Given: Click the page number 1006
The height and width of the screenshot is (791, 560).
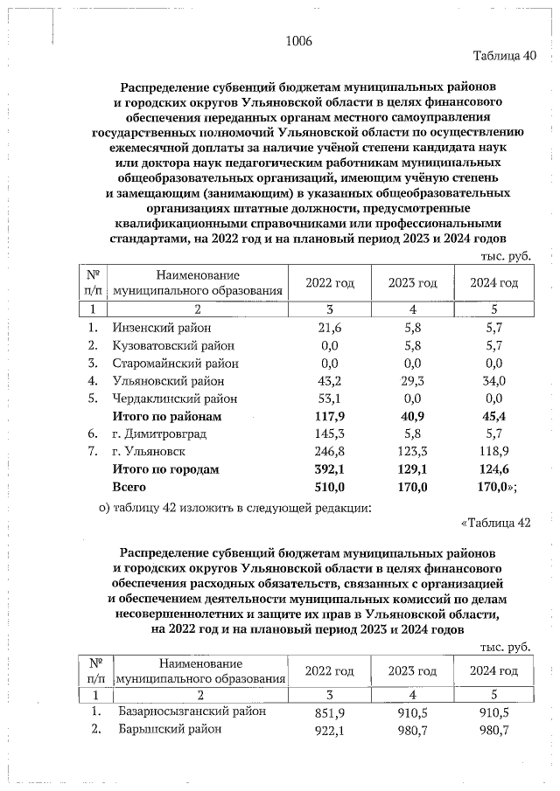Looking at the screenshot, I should coord(298,41).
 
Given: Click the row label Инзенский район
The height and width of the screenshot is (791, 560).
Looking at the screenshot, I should coord(162,327).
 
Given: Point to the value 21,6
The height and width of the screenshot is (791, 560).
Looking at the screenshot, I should coord(329,327).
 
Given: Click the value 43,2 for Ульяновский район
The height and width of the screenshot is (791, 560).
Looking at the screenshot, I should coord(329,381).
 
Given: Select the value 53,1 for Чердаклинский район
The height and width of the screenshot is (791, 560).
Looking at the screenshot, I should coord(329,399).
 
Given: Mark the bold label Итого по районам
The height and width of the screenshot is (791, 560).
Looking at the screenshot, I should coord(167,416).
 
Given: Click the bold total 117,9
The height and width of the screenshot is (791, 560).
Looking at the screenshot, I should coord(329,416).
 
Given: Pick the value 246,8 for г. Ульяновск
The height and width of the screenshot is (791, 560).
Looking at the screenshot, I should coord(329,452).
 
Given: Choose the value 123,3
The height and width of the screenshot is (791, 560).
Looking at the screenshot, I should coord(411,452).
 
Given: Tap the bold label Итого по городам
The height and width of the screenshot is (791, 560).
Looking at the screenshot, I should coord(165,469).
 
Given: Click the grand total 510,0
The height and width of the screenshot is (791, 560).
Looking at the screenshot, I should coord(329,487).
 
